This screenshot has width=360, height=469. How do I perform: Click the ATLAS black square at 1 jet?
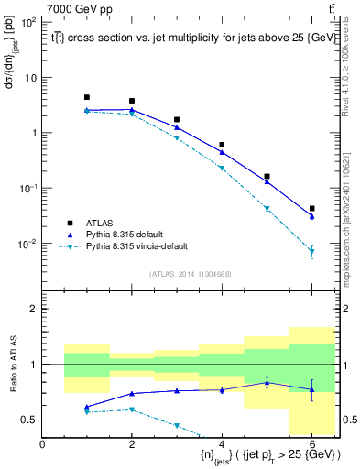tap(87, 97)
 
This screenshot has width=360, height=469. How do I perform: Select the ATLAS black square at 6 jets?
tap(311, 209)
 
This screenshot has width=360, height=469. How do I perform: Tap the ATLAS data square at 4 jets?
tap(222, 145)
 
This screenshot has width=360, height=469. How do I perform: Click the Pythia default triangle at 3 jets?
tap(177, 127)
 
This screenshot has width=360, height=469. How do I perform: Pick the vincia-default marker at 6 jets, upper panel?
tap(311, 251)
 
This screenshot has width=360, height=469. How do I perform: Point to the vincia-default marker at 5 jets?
tap(267, 209)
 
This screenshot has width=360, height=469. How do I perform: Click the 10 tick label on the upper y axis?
tap(30, 77)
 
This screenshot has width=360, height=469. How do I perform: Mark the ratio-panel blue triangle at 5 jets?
tap(267, 383)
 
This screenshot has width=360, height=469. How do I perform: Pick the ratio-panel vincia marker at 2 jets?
tap(132, 409)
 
